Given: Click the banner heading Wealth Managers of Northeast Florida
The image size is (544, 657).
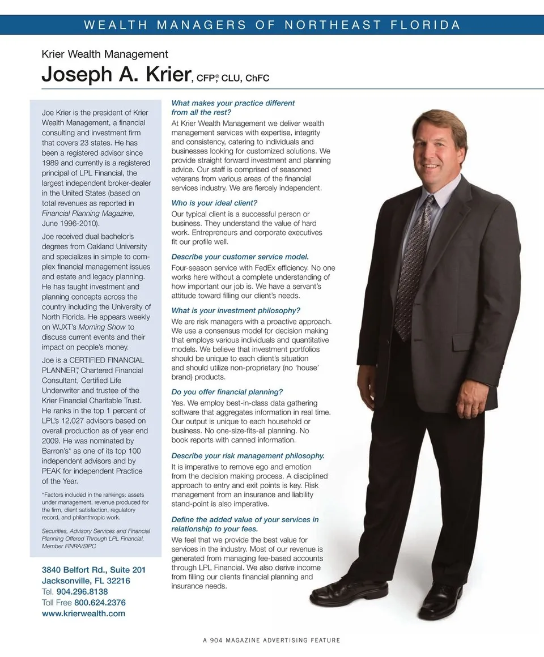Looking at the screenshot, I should (272, 25).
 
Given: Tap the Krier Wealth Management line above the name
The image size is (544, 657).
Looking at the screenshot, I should (105, 54).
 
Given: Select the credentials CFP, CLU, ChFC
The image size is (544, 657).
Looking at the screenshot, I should (232, 78).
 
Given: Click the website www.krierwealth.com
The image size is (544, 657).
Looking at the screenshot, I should (83, 613).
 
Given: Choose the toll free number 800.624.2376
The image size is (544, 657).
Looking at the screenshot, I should (100, 603).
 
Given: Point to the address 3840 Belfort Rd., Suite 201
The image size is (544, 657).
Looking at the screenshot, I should (93, 570).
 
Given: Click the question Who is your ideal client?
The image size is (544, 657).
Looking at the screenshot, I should (214, 203).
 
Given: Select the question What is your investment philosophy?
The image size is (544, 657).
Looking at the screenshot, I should (236, 310).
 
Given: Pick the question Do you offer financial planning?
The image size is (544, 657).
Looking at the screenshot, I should (227, 392).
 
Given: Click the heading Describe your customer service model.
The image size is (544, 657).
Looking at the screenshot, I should (240, 257).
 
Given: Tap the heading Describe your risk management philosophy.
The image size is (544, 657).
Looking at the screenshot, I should (248, 456).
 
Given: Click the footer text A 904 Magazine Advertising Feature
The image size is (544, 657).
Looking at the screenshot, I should (272, 641).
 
